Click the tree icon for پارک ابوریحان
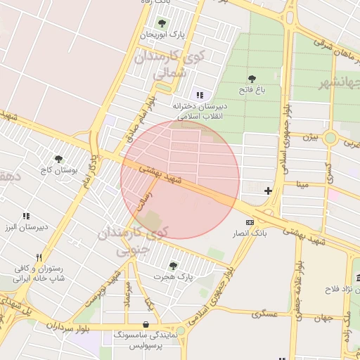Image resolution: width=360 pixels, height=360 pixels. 162,23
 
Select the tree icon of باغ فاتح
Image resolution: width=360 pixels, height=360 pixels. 252,79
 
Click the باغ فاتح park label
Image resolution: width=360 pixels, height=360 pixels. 252,89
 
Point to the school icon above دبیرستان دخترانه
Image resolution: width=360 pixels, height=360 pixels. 200,95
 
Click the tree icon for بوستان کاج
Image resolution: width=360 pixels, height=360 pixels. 58,159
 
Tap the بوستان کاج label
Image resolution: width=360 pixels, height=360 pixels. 58,170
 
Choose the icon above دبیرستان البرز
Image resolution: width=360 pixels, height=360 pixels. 26,217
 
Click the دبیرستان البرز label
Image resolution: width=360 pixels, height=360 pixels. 26,228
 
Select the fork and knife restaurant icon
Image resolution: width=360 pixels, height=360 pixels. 39,257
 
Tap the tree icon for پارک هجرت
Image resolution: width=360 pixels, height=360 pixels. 173,265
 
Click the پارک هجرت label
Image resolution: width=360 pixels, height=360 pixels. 175,276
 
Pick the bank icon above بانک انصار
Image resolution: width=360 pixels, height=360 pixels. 250,222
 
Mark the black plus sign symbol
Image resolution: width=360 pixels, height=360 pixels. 268,191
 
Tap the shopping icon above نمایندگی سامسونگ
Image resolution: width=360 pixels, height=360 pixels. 145,325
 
